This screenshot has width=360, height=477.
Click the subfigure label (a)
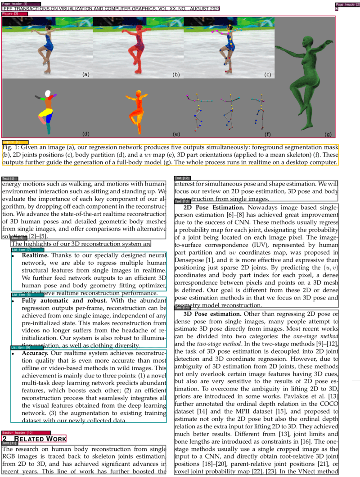[85, 74]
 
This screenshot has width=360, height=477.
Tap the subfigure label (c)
[267, 74]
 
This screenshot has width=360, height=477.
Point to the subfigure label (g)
[328, 134]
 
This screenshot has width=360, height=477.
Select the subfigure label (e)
[176, 134]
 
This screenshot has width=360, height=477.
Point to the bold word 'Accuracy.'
[35, 353]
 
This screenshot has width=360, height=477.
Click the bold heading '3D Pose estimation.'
[212, 313]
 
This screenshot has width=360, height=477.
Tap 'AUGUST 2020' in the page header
[202, 9]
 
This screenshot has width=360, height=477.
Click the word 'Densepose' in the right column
[189, 260]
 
